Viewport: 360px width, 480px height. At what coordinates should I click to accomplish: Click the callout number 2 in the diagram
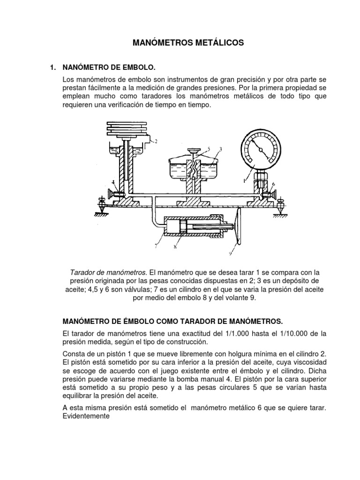click(x=156, y=141)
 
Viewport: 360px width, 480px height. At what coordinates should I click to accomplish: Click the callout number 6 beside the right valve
click(x=273, y=184)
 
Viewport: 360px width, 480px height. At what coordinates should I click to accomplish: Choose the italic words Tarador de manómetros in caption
click(x=108, y=272)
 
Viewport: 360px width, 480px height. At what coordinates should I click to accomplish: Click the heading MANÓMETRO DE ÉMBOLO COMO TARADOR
click(x=173, y=321)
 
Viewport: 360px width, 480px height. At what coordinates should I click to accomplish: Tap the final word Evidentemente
click(x=86, y=415)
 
